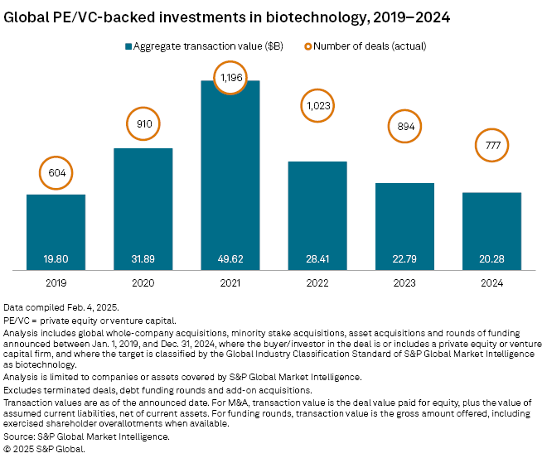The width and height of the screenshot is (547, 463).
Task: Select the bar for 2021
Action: (x=230, y=174)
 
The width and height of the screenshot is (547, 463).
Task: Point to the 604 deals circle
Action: (x=56, y=173)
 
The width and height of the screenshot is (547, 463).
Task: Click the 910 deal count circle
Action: (x=143, y=127)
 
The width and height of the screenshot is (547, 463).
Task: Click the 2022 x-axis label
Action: (x=317, y=282)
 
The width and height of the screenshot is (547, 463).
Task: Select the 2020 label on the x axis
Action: (x=143, y=282)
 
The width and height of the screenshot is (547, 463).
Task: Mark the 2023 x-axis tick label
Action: (x=404, y=282)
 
